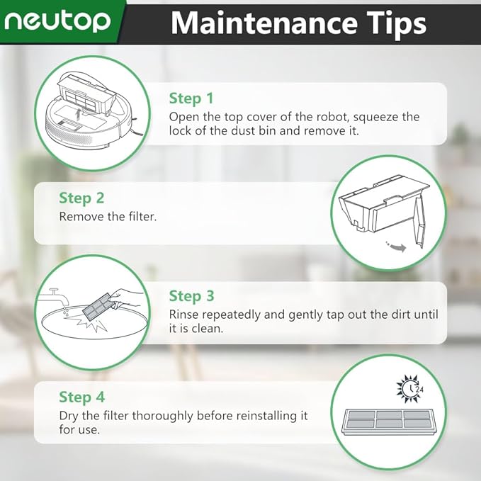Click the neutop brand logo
pos(57,21)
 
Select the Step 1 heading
pos(191,98)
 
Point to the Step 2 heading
pos(81,198)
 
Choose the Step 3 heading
pos(191,296)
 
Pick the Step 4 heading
pos(81,397)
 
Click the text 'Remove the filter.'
pos(108,217)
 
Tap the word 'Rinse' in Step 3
pos(184,315)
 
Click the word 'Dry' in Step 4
pos(69,416)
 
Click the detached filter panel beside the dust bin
pos(421,224)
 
